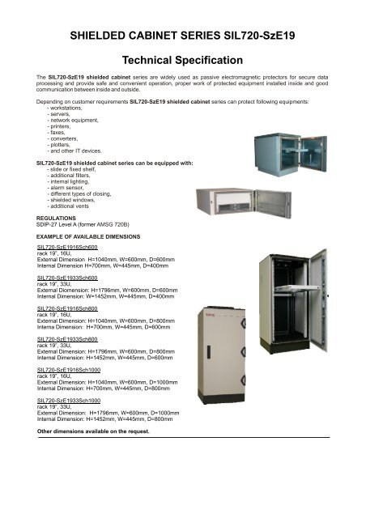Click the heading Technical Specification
[x=182, y=61]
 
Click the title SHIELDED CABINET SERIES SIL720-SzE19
[x=182, y=36]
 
